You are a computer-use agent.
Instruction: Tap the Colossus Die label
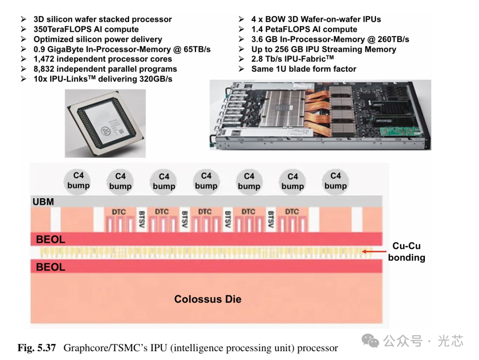click(208, 299)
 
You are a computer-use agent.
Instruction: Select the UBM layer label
click(43, 202)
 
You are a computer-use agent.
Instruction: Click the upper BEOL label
click(51, 239)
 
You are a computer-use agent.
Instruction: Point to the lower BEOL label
click(51, 267)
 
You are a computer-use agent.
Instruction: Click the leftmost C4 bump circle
click(79, 181)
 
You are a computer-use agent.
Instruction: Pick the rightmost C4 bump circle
click(336, 181)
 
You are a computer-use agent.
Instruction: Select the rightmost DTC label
click(292, 212)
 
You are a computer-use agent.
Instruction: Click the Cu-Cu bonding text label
click(406, 252)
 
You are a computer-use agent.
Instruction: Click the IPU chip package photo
click(105, 123)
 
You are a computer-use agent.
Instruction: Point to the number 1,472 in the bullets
click(46, 59)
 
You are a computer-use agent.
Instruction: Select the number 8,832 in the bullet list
click(46, 69)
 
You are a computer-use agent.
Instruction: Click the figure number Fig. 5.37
click(37, 348)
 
